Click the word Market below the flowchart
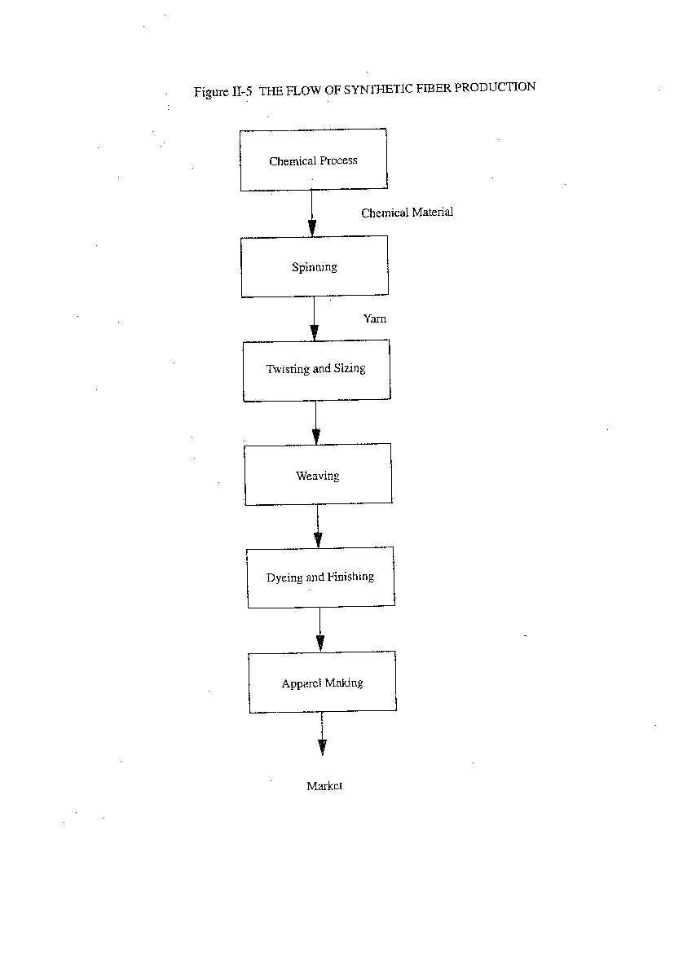[x=324, y=786]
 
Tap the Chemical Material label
[x=407, y=212]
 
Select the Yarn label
[x=375, y=318]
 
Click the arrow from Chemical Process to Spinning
[x=312, y=213]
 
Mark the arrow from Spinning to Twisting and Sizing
[x=314, y=318]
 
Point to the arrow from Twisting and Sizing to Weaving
[x=315, y=423]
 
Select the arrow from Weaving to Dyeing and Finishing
[x=318, y=526]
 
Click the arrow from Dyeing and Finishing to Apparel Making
[x=320, y=630]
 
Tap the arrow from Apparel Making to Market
[x=322, y=734]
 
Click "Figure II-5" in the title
[x=222, y=92]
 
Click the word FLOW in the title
[x=304, y=90]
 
